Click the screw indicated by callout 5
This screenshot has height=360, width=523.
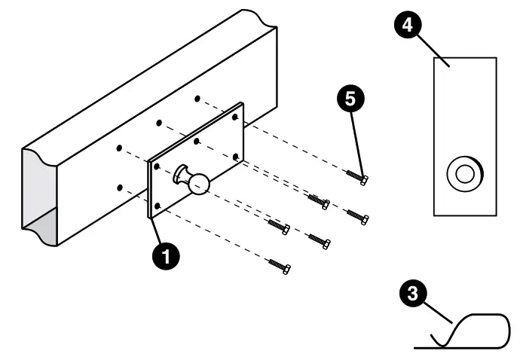tap(358, 178)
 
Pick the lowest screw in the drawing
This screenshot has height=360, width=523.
tap(281, 265)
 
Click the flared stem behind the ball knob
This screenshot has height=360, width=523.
tap(182, 175)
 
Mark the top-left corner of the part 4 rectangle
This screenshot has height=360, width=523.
tap(435, 58)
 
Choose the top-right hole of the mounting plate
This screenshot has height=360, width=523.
tap(235, 117)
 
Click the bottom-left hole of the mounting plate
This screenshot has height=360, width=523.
tap(157, 205)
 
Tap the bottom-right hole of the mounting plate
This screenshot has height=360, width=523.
tap(236, 156)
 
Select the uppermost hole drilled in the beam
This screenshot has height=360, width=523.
tap(197, 99)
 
